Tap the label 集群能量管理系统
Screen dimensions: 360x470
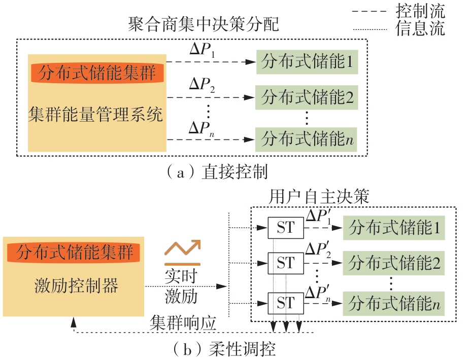[96, 116]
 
